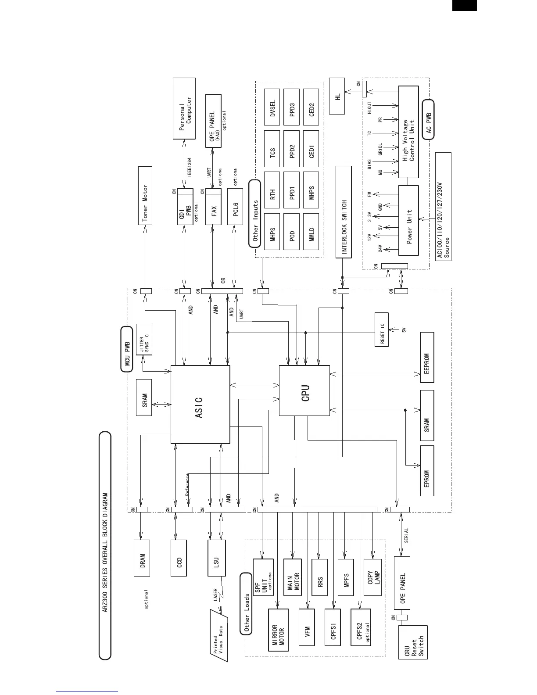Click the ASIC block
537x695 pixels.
tap(200, 404)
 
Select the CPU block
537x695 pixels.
tap(304, 390)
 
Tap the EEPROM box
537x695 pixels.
tap(427, 364)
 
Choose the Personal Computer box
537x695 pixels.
tap(184, 108)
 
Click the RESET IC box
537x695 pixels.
tap(382, 330)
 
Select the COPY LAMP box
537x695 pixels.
tap(372, 577)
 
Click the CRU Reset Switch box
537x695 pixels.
tap(412, 642)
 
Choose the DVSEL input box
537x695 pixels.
tap(272, 107)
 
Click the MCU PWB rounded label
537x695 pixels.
tap(127, 349)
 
